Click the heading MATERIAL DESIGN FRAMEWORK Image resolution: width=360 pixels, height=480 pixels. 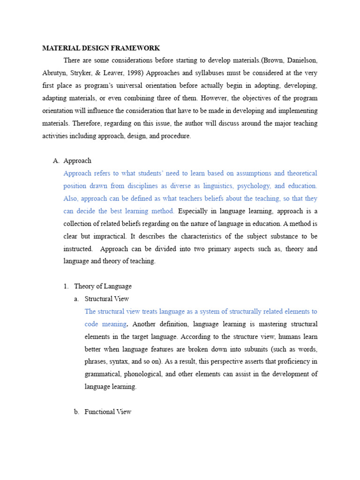(x=101, y=48)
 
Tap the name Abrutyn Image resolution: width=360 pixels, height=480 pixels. (x=55, y=73)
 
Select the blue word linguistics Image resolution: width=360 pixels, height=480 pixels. (x=230, y=186)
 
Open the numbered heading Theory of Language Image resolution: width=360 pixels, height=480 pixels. (x=103, y=286)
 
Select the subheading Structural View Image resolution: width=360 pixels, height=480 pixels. (x=106, y=299)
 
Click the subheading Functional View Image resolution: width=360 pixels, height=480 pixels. (x=108, y=412)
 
